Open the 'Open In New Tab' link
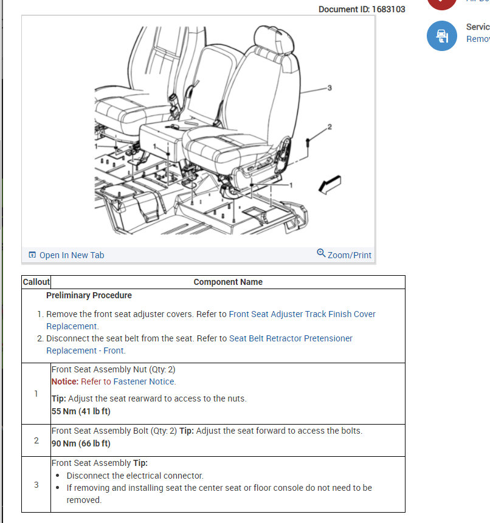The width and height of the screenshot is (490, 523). [x=71, y=255]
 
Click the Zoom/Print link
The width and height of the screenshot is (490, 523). [x=349, y=255]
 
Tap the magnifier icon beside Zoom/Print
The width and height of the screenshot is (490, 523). [x=321, y=253]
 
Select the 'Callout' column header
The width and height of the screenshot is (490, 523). [x=36, y=282]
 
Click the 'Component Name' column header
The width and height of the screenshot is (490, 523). [x=228, y=282]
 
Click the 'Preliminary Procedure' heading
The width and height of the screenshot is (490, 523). [x=89, y=295]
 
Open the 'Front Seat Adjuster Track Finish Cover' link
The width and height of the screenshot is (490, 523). [x=302, y=314]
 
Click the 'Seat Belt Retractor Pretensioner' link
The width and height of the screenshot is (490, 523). [x=291, y=338]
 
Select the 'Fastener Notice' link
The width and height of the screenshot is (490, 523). [x=144, y=381]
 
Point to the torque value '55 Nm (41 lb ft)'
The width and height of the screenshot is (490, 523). [x=81, y=411]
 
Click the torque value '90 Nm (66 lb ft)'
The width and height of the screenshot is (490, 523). [x=81, y=443]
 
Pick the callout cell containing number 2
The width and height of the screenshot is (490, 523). [x=36, y=440]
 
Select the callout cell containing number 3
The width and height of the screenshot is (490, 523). [x=36, y=484]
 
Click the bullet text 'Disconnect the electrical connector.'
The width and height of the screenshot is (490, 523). [x=135, y=476]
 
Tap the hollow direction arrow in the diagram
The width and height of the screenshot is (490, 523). [x=330, y=185]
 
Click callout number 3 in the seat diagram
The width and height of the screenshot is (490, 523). [x=330, y=88]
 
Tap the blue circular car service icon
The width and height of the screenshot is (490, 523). [x=441, y=36]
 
